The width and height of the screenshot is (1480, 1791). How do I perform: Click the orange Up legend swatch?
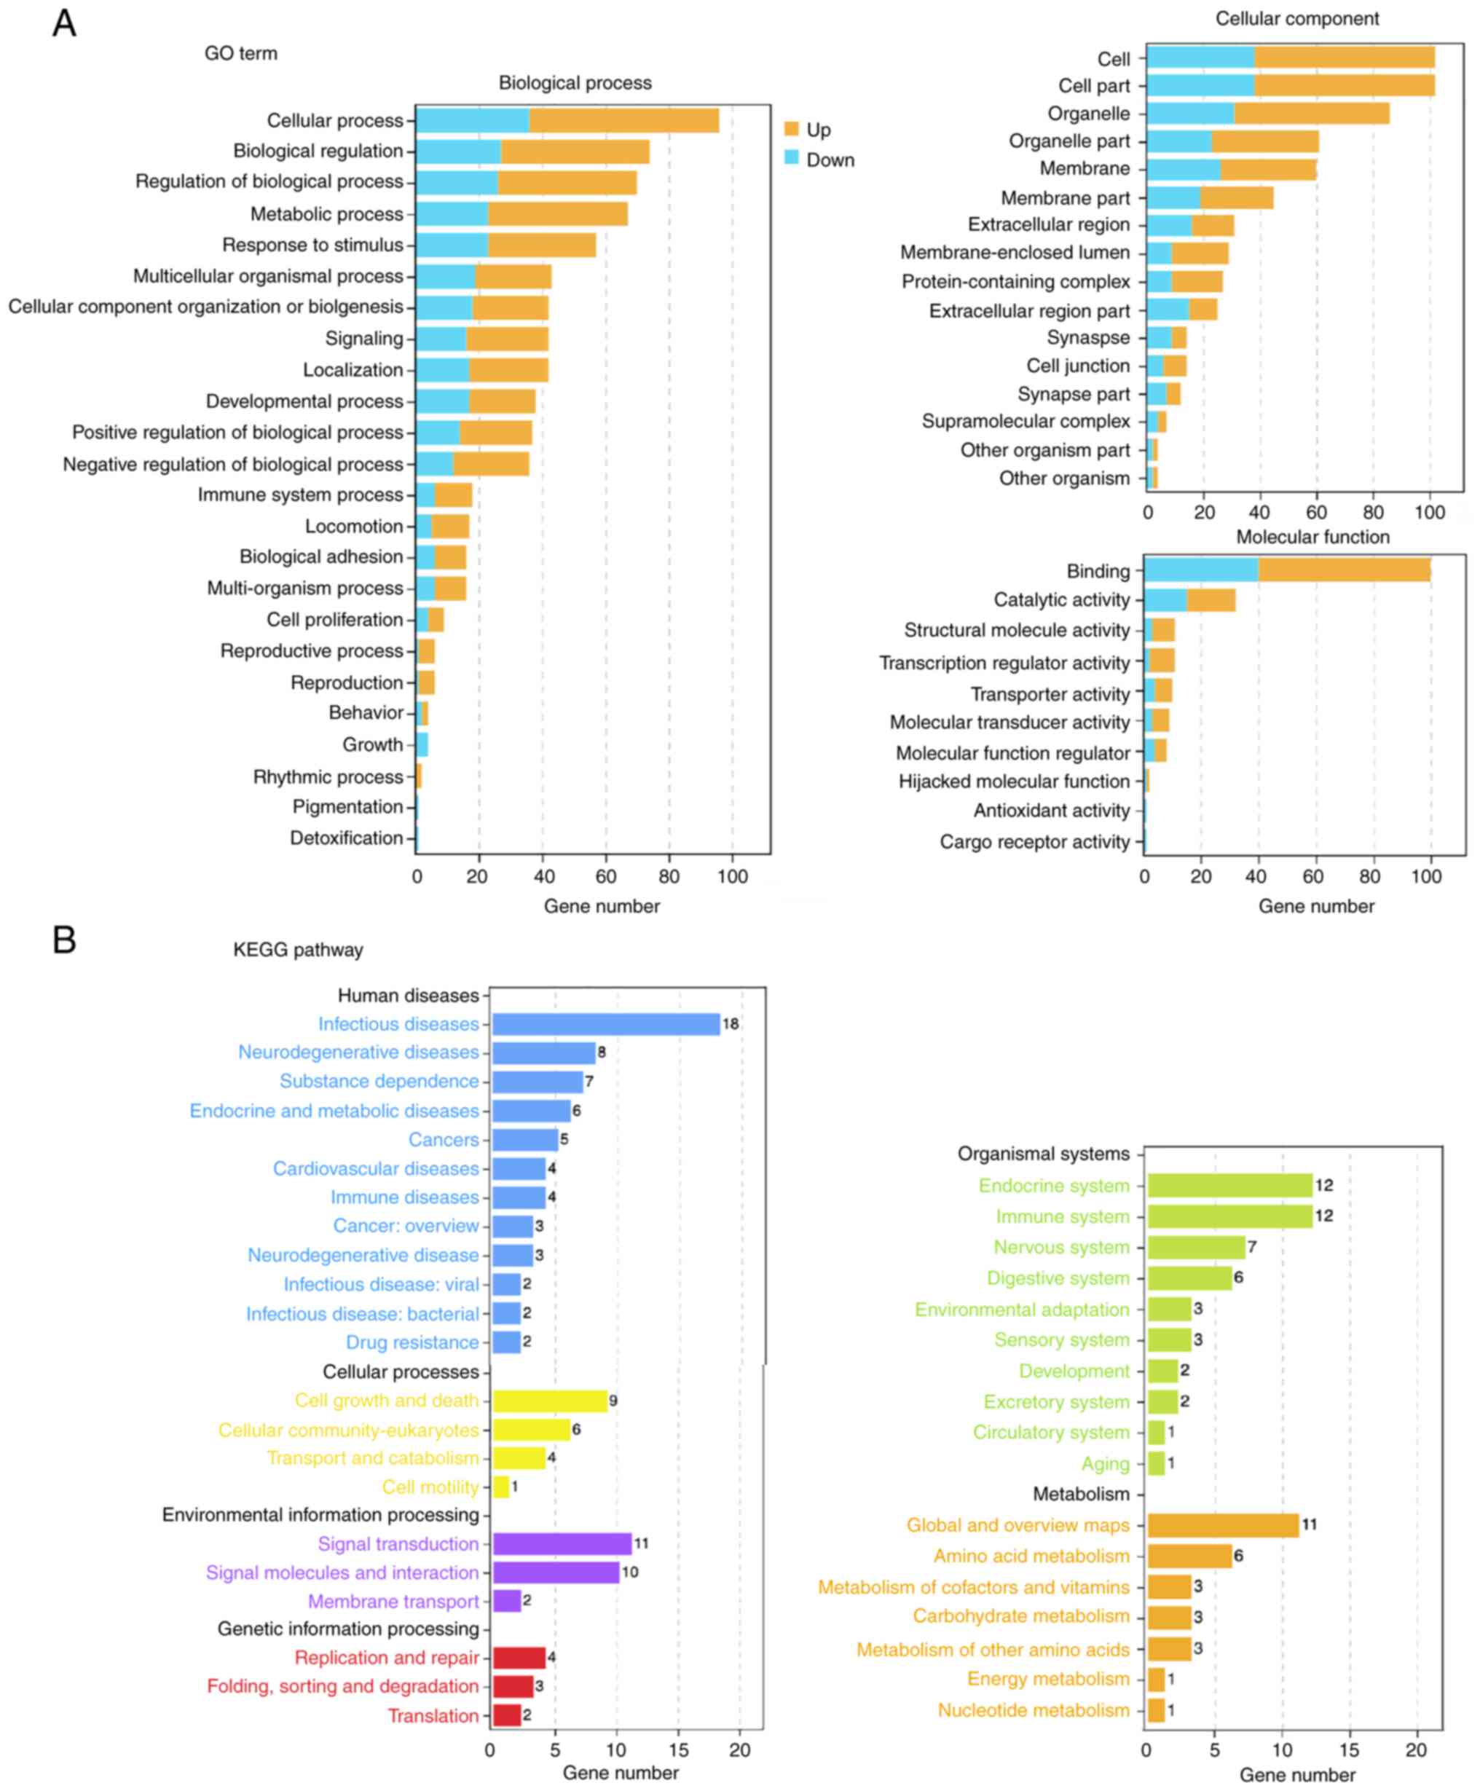tap(791, 129)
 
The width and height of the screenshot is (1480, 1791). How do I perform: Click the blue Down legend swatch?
tap(791, 159)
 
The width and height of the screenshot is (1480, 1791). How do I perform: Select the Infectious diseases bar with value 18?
tap(605, 1024)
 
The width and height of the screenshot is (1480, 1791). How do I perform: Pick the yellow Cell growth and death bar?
tap(550, 1401)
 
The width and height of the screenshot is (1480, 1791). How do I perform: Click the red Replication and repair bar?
tap(519, 1658)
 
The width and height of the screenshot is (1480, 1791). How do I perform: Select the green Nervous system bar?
tap(1195, 1247)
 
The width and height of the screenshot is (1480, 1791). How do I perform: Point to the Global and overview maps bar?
tap(1223, 1525)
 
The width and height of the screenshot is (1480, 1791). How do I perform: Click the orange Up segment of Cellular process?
tap(623, 120)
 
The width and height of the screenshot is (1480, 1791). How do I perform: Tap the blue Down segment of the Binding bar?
tap(1200, 570)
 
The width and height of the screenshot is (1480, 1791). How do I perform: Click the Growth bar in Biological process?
tap(422, 744)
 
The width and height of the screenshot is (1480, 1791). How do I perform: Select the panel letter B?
tap(65, 940)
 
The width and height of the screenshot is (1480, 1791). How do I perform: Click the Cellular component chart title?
tap(1296, 19)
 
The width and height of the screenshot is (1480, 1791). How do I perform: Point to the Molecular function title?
tap(1312, 537)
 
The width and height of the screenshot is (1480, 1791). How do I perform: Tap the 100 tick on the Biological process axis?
tap(732, 876)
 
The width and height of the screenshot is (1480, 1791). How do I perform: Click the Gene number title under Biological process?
tap(601, 906)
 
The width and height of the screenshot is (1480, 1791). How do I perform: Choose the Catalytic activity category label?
tap(1061, 600)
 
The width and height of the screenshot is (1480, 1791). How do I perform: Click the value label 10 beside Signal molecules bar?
tap(630, 1572)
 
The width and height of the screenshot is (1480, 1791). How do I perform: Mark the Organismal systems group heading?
tap(1043, 1154)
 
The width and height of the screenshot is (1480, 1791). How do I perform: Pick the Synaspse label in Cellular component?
tap(1088, 337)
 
